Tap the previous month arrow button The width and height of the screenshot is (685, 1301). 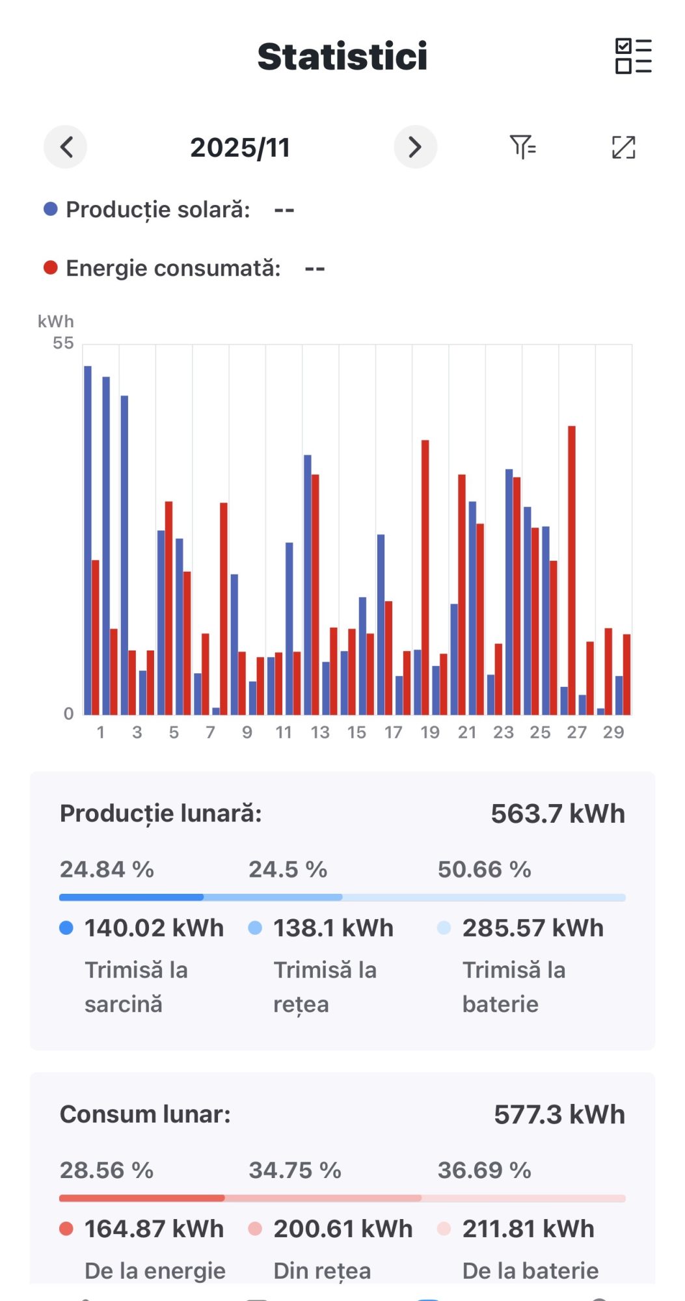pos(66,147)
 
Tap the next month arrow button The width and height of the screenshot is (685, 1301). pos(415,147)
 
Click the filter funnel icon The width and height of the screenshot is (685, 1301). pos(522,147)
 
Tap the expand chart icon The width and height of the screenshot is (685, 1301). pos(623,147)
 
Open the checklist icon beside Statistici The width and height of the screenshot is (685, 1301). pos(633,56)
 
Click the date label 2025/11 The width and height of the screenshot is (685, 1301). pos(240,148)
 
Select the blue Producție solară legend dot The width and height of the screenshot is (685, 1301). pos(51,209)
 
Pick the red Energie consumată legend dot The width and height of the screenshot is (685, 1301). pos(51,268)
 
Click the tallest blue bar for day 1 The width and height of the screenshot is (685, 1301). pos(88,540)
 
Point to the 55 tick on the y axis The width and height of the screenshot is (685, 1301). pos(63,343)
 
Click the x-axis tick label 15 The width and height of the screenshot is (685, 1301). pos(356,732)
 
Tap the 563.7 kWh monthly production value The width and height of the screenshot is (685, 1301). pos(557,814)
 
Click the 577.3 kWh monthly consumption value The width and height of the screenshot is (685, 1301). pos(559,1114)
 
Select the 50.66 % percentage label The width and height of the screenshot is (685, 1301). pos(484,869)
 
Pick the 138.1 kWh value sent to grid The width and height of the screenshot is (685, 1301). pos(333,928)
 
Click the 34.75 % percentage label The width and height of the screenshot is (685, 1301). pos(295,1170)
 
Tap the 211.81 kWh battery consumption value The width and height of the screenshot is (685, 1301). pos(528,1229)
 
